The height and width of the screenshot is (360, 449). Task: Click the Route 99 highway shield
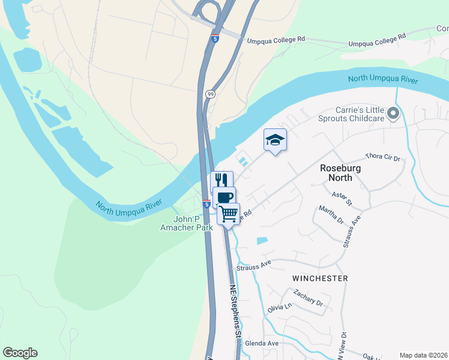pos(210,94)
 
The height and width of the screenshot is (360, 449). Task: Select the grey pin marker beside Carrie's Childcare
pos(393,113)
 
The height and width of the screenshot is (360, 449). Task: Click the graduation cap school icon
pos(275,140)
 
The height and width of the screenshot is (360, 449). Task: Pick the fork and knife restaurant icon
pos(221,180)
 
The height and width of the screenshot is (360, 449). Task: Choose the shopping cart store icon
pos(228,214)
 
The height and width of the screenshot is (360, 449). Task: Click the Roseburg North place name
pos(340,173)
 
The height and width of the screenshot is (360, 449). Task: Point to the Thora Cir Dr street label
pos(382,158)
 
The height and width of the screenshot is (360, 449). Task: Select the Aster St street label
pos(340,196)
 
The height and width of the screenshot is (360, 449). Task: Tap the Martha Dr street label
pos(331,215)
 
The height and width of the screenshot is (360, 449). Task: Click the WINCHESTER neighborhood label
pos(320,278)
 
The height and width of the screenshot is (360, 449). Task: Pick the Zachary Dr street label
pos(309,298)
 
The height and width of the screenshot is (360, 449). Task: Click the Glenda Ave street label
pos(258,343)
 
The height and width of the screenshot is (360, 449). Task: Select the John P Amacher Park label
pos(186,223)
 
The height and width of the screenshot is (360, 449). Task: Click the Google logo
pos(20,353)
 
